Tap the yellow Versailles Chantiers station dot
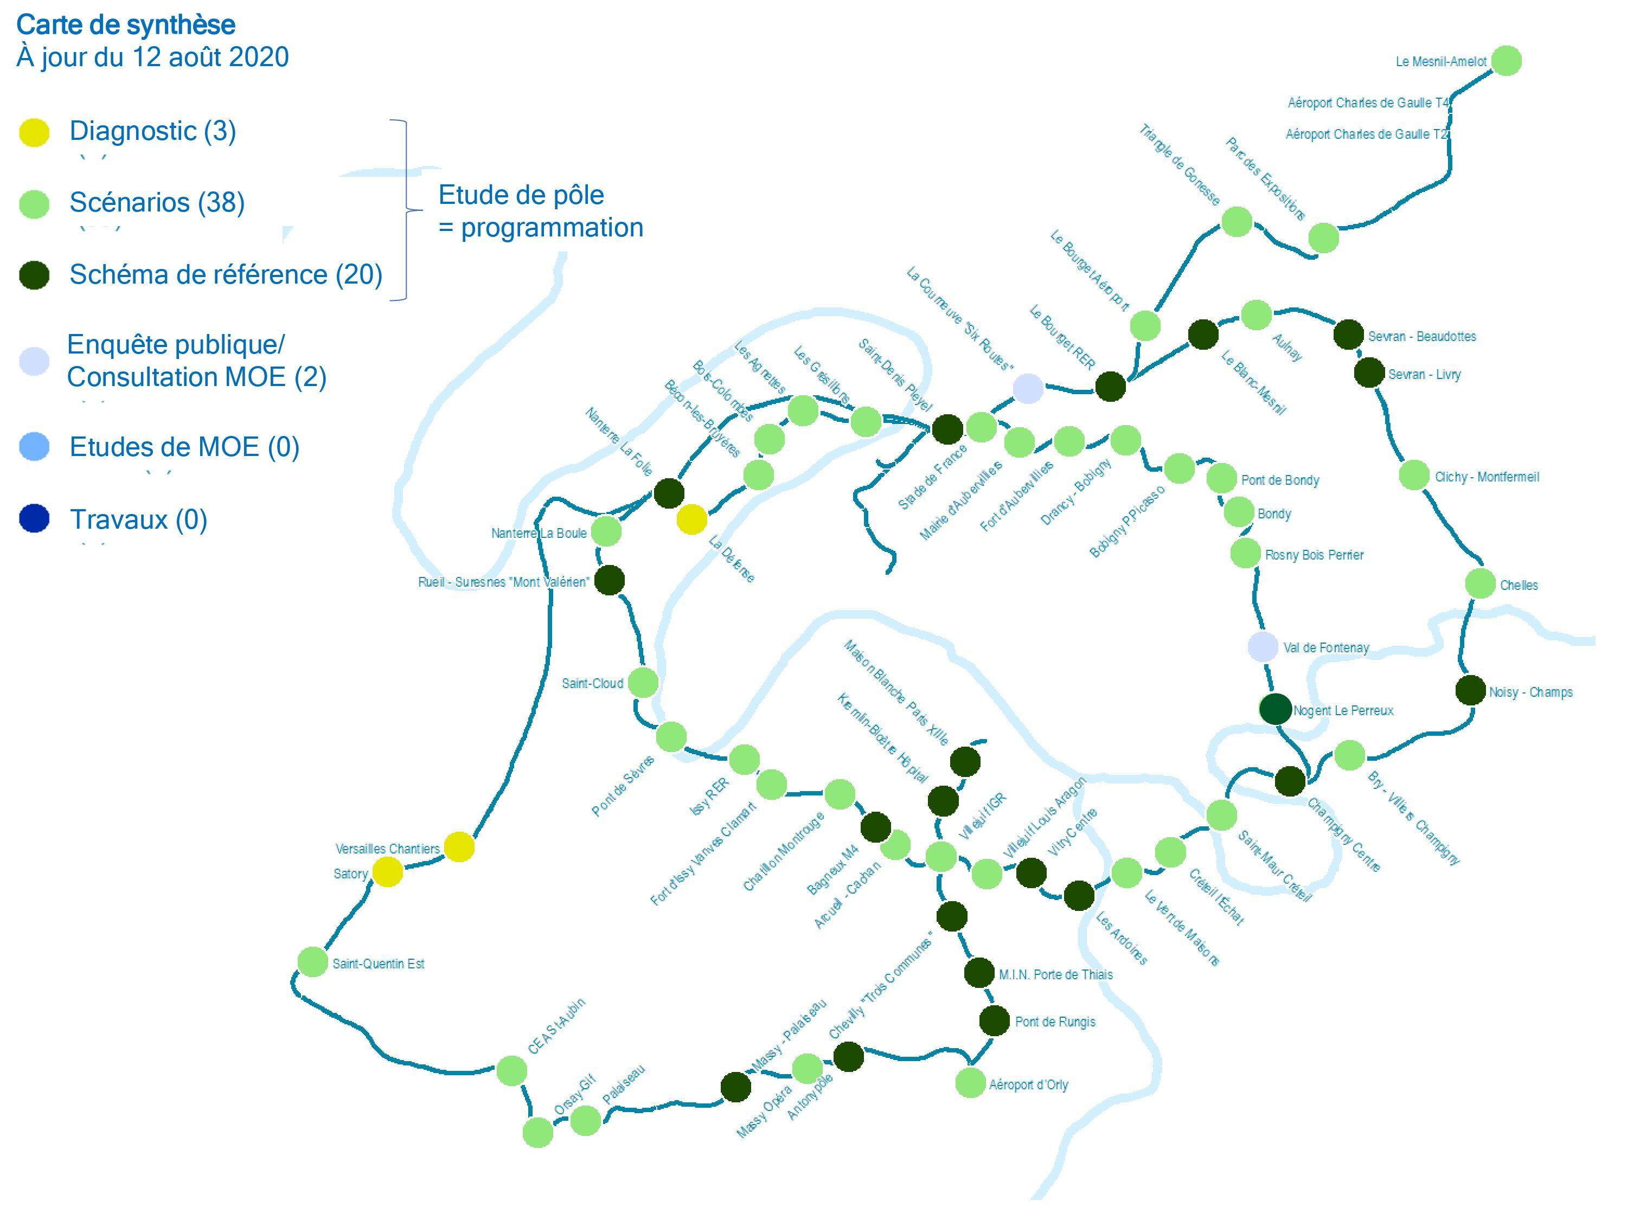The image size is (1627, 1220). point(459,847)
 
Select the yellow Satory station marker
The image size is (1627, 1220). point(388,872)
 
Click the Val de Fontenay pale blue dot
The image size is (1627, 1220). point(1263,647)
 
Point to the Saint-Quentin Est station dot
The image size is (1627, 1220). point(312,962)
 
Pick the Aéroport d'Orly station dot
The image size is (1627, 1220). point(970,1082)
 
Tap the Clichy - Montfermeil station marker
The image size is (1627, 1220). point(1414,476)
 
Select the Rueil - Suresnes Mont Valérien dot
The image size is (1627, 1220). point(610,580)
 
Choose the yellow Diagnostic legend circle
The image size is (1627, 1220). point(34,132)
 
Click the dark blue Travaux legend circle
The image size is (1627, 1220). point(34,518)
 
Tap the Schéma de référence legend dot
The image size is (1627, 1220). point(34,275)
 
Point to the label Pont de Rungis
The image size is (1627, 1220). point(1055,1022)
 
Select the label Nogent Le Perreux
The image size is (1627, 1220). point(1343,710)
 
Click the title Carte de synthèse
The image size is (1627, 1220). point(126,25)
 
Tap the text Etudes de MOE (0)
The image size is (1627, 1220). point(184,447)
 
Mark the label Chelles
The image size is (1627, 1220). point(1519,586)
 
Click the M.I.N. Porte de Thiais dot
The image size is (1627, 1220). point(979,973)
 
